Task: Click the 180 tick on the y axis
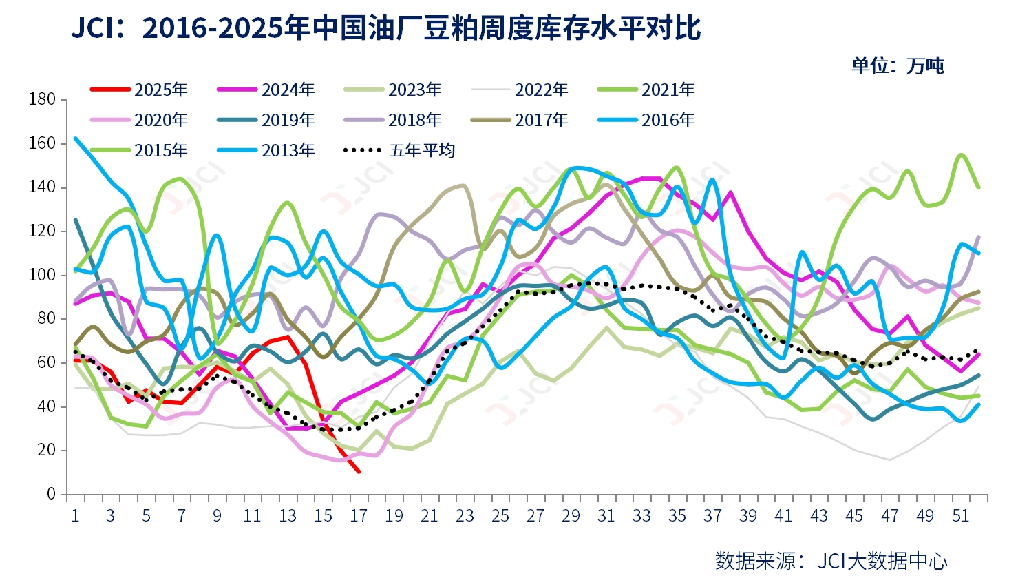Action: point(43,99)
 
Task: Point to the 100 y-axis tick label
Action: point(43,275)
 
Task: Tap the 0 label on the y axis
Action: point(52,494)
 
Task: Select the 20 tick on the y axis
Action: point(47,450)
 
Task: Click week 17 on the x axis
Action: point(359,515)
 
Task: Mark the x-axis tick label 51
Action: point(960,515)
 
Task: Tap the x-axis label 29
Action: point(571,515)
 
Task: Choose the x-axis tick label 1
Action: point(75,515)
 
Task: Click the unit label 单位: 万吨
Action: point(898,65)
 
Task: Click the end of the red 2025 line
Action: point(359,472)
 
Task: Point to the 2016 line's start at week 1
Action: point(75,138)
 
